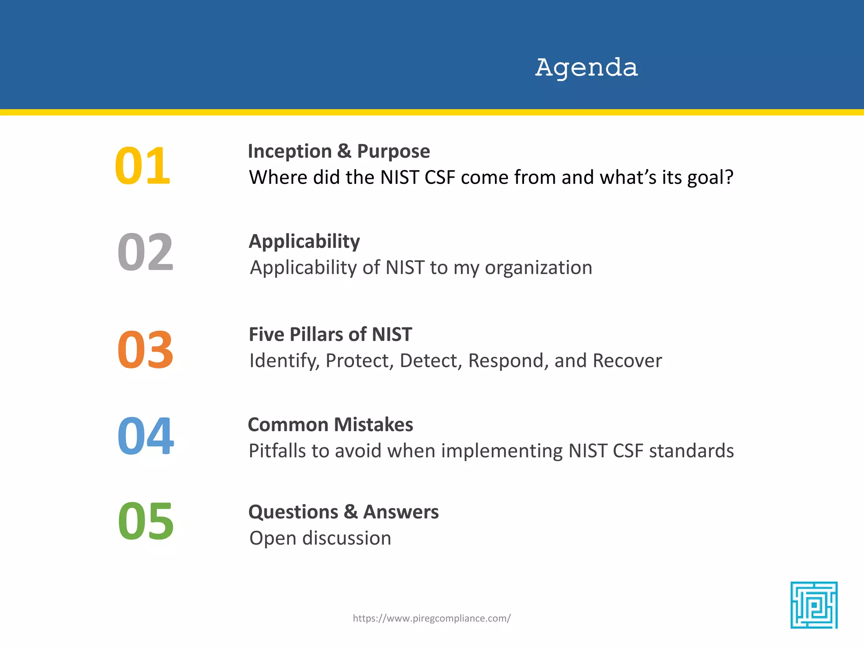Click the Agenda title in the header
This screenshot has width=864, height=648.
[x=586, y=68]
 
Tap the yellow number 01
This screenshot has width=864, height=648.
[x=143, y=166]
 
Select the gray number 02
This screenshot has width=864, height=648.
[x=145, y=252]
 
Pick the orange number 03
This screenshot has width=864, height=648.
[x=145, y=350]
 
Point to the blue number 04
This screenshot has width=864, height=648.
[x=146, y=436]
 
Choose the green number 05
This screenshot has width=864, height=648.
[x=146, y=521]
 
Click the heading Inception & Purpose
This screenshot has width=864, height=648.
[x=339, y=151]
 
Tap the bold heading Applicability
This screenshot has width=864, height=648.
[x=304, y=242]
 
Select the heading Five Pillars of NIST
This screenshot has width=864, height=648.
[x=330, y=335]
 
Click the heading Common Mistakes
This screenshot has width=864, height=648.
[x=330, y=425]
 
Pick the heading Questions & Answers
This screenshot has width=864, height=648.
[x=343, y=512]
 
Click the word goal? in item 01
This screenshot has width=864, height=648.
[x=710, y=178]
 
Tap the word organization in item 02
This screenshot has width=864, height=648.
[x=538, y=268]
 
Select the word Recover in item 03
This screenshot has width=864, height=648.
[x=627, y=361]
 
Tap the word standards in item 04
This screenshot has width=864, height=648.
[x=691, y=451]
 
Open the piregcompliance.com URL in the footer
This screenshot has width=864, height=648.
[x=432, y=618]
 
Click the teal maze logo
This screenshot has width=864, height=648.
[x=814, y=605]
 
